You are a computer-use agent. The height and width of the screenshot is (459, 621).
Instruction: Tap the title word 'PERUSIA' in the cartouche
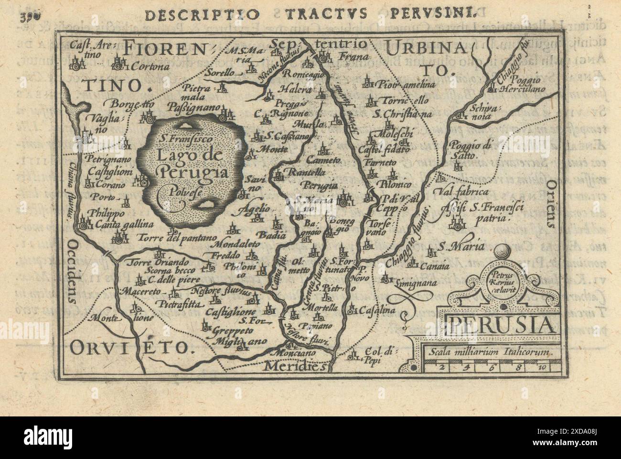point(500,326)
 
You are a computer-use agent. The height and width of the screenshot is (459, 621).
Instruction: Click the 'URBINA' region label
point(420,48)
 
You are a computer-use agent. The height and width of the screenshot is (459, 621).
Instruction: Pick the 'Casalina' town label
point(378,310)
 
